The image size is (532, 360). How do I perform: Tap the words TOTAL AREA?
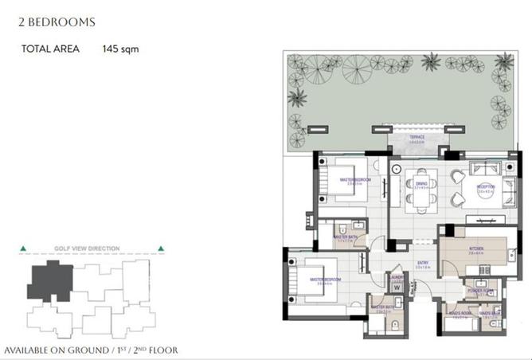pos(51,49)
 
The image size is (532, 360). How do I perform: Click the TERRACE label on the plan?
pos(417,137)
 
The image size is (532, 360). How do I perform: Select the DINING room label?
pos(421,183)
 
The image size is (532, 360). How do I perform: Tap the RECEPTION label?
pos(486,187)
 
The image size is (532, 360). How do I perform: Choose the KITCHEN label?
pos(477,248)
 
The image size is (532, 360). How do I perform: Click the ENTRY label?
pos(423,264)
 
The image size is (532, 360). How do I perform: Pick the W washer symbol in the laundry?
pos(397,288)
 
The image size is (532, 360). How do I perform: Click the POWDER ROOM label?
pos(483,290)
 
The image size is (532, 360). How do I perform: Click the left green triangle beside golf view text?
pos(22,248)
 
